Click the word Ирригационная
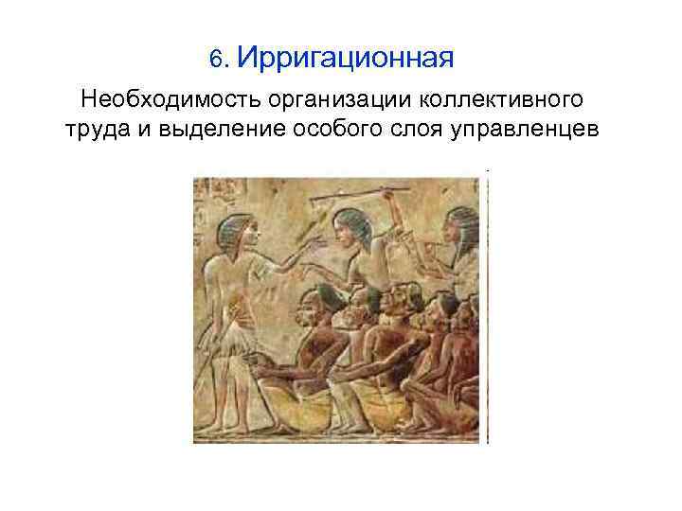click(x=347, y=59)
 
